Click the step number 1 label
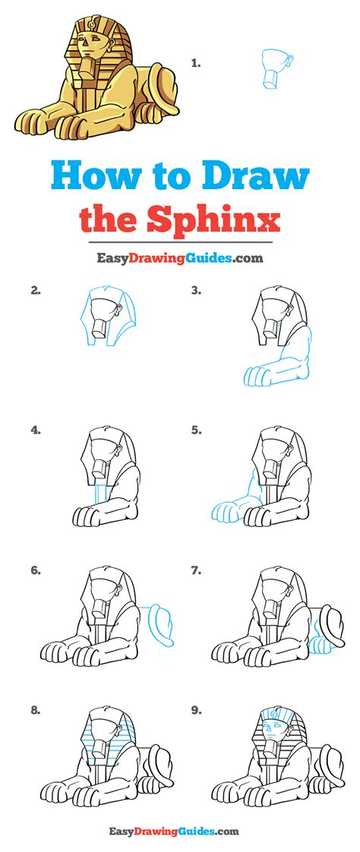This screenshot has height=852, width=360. (196, 64)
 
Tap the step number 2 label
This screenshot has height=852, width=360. (35, 289)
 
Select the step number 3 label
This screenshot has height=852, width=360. (196, 289)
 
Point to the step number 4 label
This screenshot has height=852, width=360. (35, 430)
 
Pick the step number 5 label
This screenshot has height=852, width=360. (196, 430)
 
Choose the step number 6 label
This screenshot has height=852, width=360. (35, 570)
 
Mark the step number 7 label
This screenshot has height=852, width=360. (196, 570)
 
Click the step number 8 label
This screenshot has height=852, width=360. (35, 712)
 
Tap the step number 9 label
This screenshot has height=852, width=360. (196, 712)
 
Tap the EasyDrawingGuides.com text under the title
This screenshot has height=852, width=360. (179, 258)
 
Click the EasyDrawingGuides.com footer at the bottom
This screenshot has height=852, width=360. (179, 832)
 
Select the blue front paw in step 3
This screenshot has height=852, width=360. (257, 377)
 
